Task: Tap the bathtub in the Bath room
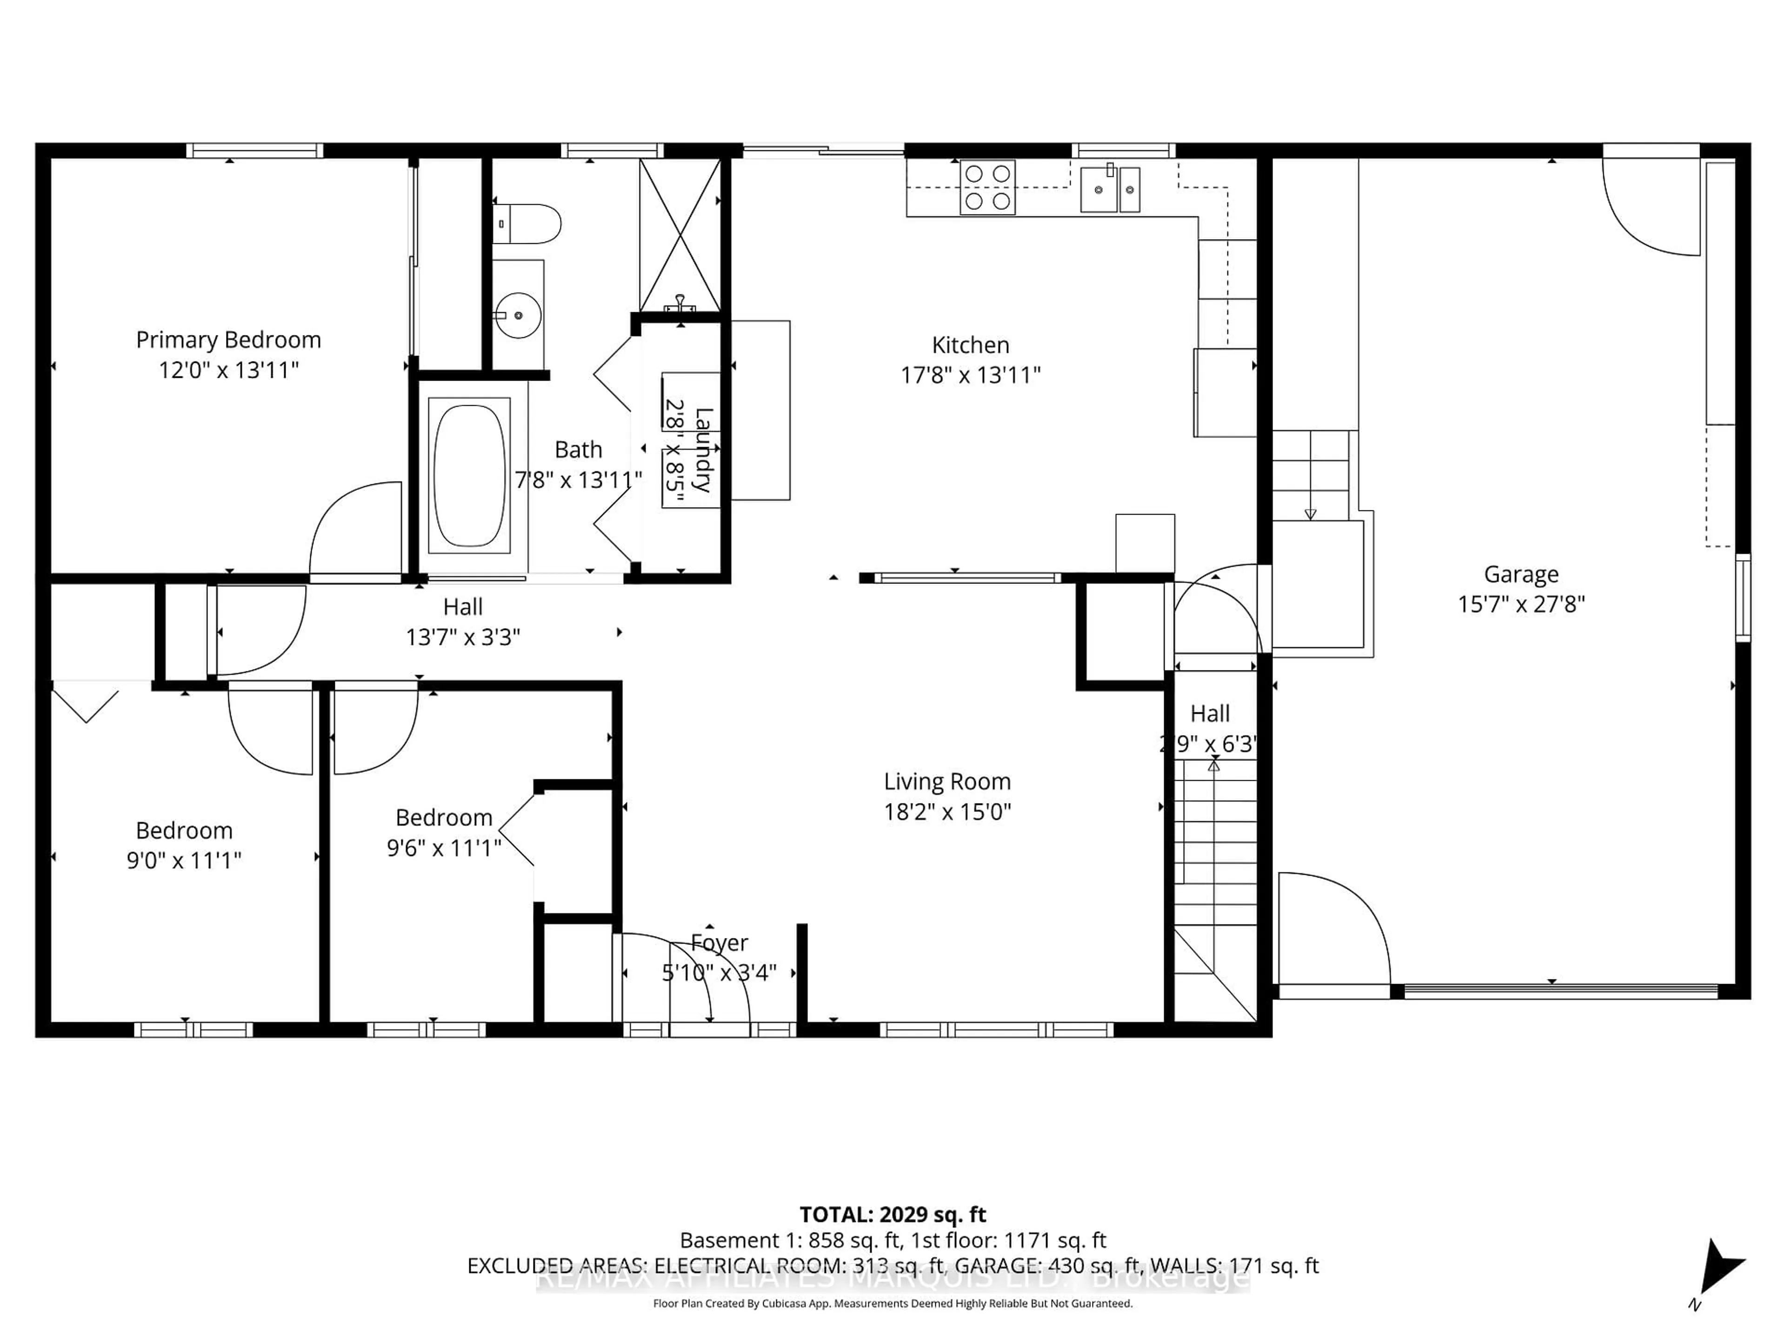pos(469,475)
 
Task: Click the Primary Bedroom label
pos(228,340)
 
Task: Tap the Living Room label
pos(947,781)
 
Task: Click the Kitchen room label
pos(971,345)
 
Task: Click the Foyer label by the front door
pos(720,943)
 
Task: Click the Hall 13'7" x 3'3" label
pos(463,622)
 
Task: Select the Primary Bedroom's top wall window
pos(254,150)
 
